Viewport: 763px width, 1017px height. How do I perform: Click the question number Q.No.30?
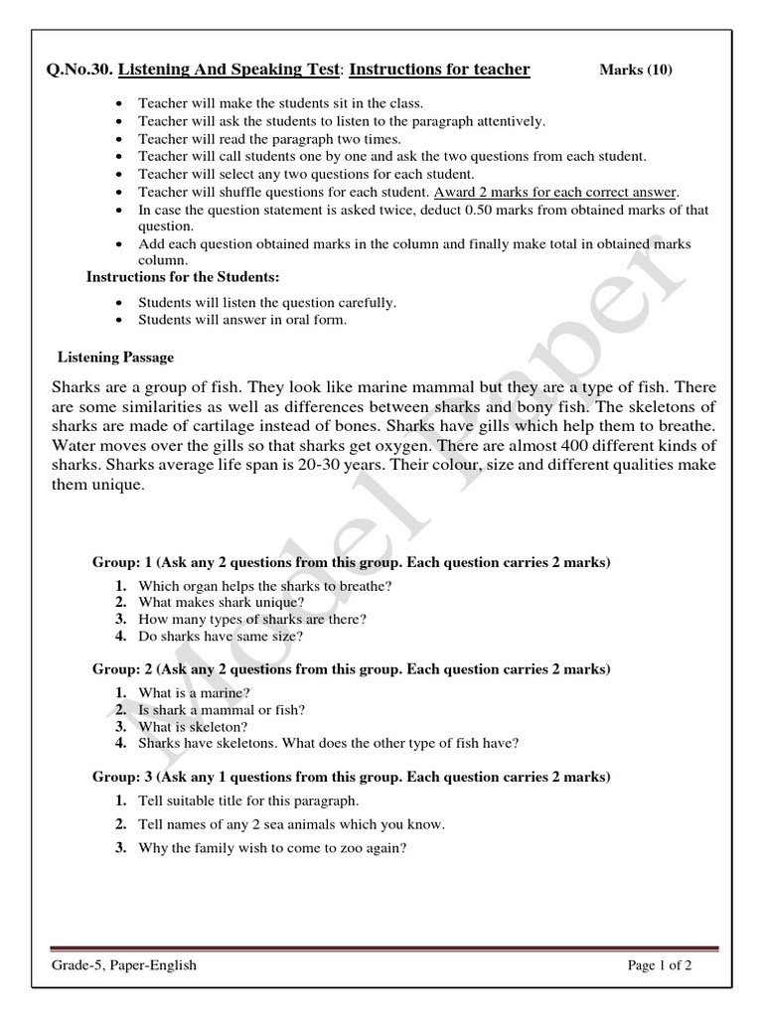pyautogui.click(x=79, y=70)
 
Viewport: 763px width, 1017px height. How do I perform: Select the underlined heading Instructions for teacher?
pyautogui.click(x=440, y=70)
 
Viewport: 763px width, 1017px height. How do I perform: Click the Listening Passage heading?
pyautogui.click(x=115, y=357)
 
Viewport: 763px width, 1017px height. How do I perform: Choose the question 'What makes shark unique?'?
pyautogui.click(x=222, y=603)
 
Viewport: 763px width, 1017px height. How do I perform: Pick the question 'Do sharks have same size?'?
pyautogui.click(x=221, y=636)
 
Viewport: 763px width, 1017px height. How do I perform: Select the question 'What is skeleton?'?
pyautogui.click(x=194, y=726)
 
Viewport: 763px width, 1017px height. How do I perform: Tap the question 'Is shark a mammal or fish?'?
pyautogui.click(x=222, y=710)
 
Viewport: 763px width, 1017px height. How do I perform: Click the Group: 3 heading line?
pyautogui.click(x=351, y=777)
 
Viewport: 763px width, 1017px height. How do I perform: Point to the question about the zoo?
pyautogui.click(x=273, y=849)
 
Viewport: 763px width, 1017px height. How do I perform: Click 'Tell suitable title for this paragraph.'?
pyautogui.click(x=248, y=800)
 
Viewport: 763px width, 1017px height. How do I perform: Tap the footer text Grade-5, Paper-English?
pyautogui.click(x=124, y=965)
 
